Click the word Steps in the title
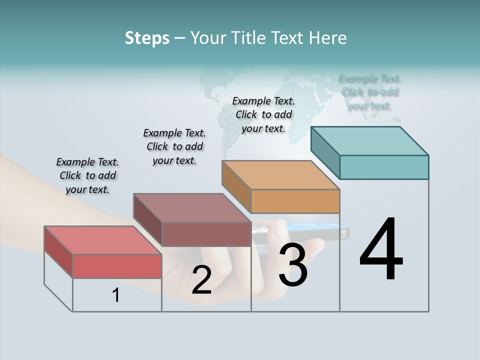[x=147, y=38]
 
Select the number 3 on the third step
[x=293, y=265]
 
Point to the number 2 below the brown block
[x=201, y=280]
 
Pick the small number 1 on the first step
[x=116, y=295]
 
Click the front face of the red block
[x=117, y=266]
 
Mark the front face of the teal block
[x=384, y=167]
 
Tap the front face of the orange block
[x=295, y=201]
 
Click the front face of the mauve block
[x=206, y=234]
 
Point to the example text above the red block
[x=87, y=175]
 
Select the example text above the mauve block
[x=174, y=146]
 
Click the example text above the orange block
[x=263, y=114]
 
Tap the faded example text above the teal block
[x=369, y=92]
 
